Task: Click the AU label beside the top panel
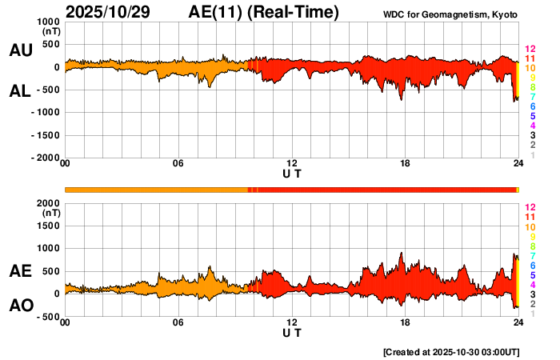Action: [x=20, y=50]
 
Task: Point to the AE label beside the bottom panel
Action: [x=20, y=271]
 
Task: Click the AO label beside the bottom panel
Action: [x=20, y=306]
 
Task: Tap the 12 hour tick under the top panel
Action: [x=292, y=163]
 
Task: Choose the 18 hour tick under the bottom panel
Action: [x=406, y=322]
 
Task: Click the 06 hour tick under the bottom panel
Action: [x=178, y=322]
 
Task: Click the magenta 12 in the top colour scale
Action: [x=530, y=50]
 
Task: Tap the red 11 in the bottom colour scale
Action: [x=530, y=217]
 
